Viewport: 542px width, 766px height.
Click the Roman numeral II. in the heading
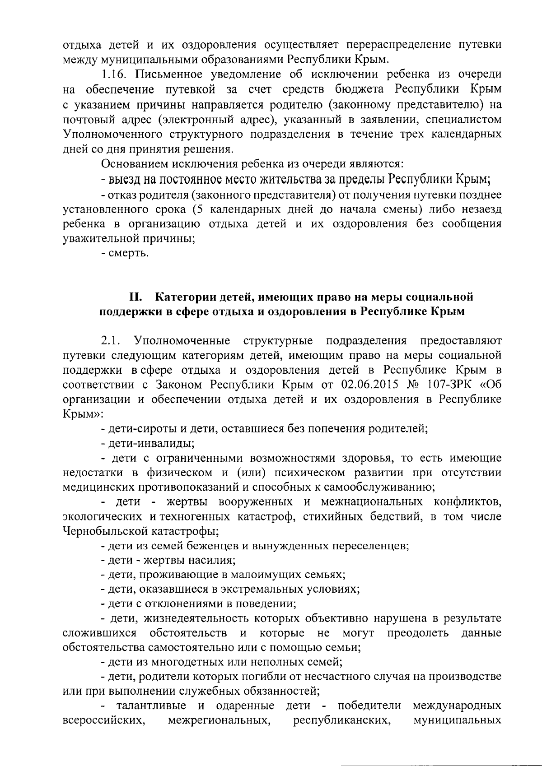tap(136, 297)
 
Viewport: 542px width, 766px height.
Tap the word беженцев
tap(212, 546)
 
